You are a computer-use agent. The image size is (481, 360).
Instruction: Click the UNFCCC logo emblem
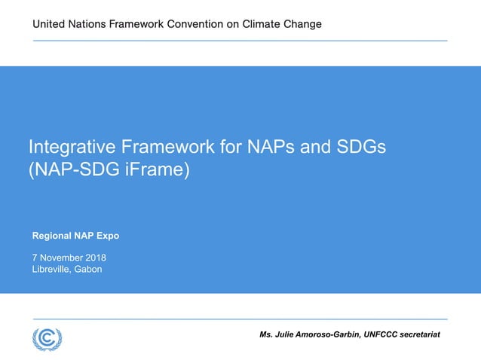pos(47,338)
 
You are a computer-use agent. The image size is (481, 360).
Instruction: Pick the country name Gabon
pos(87,270)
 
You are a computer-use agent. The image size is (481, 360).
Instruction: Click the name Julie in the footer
pos(290,334)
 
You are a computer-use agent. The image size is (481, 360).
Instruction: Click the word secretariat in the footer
pos(421,334)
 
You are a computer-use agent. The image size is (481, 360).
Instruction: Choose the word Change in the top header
pos(303,24)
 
